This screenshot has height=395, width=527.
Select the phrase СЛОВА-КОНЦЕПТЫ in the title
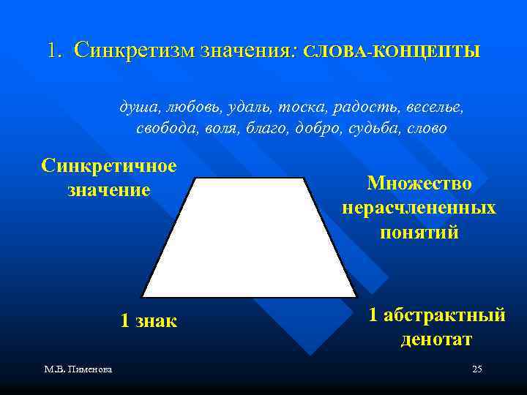click(391, 53)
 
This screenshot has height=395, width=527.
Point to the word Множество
click(419, 183)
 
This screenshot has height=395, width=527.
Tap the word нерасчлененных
click(419, 208)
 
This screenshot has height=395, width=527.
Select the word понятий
click(419, 233)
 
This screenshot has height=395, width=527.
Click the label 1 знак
click(149, 320)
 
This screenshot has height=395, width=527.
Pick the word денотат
click(436, 339)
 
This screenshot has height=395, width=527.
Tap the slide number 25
click(476, 369)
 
